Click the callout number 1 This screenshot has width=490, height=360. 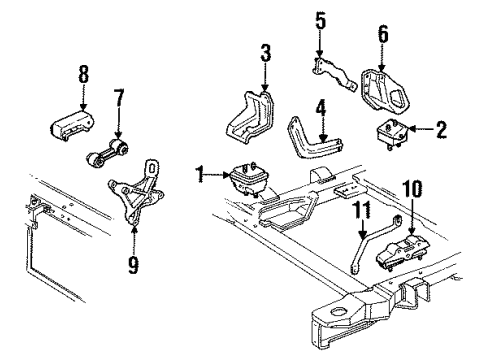[x=201, y=175]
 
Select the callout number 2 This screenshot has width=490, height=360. [x=442, y=128]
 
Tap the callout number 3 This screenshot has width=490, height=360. [x=265, y=52]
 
